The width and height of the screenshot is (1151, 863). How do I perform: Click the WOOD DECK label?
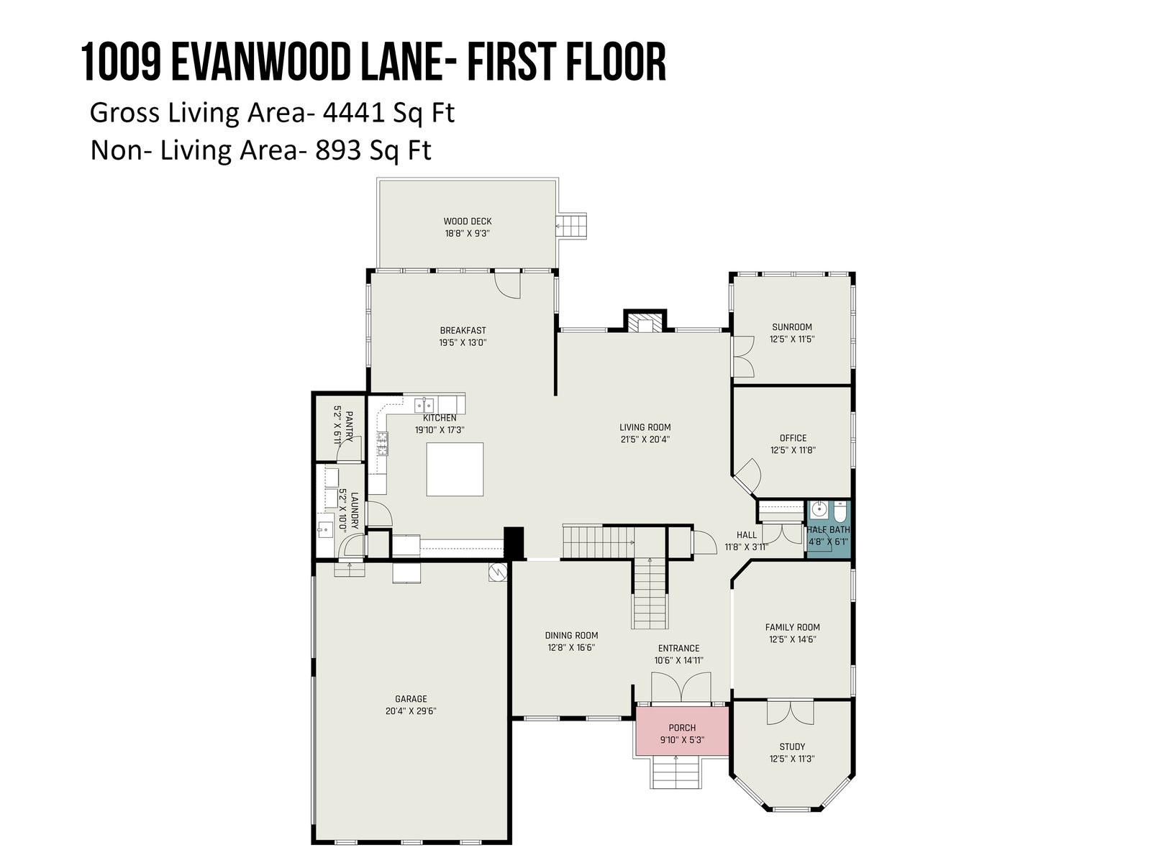(467, 222)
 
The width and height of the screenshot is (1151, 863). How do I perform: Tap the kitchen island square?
(455, 469)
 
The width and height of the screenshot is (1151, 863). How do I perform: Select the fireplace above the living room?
(645, 321)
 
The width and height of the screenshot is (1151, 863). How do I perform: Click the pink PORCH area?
(682, 731)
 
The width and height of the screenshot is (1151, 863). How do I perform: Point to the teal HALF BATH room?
(828, 529)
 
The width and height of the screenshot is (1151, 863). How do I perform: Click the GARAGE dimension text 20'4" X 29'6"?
(411, 711)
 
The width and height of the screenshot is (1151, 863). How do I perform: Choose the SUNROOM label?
(792, 327)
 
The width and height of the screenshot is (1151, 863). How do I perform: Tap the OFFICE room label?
(793, 438)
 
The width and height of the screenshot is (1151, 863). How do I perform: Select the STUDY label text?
(792, 746)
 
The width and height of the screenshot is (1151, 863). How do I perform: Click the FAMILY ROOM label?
(792, 627)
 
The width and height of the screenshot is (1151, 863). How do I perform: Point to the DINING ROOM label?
(571, 636)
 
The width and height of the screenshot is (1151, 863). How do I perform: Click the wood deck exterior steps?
(572, 227)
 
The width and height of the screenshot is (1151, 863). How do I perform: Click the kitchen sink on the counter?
(424, 405)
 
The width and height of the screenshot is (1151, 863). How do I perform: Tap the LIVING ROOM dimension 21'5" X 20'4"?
(645, 439)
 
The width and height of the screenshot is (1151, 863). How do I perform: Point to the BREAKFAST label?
(463, 331)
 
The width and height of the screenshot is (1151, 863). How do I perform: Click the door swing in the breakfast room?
(508, 286)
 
